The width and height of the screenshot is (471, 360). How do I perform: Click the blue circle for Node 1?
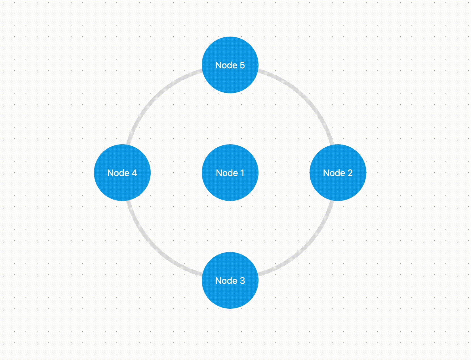point(230,173)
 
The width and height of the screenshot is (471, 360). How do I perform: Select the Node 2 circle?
point(338,173)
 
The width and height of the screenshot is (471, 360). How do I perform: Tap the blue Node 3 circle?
point(230,280)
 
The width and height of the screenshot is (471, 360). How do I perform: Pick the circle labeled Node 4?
point(122,173)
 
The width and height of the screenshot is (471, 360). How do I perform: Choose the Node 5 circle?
point(230,65)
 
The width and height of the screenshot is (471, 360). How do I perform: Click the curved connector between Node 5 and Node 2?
point(306,97)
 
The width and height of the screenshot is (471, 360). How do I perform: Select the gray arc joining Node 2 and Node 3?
point(306,249)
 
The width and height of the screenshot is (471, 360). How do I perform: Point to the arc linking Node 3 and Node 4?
point(154,249)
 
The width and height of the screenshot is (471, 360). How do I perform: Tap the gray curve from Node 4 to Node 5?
point(154,97)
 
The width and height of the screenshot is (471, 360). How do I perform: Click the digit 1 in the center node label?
point(243,173)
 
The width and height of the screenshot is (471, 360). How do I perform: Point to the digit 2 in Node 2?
point(350,173)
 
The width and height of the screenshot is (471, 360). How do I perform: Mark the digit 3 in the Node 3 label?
point(242,281)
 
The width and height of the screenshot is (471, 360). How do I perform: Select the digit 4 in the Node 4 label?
point(134,173)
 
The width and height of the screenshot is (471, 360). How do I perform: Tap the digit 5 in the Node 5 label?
point(242,65)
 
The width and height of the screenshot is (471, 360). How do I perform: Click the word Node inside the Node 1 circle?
point(227,173)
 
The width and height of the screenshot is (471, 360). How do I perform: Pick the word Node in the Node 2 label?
point(334,173)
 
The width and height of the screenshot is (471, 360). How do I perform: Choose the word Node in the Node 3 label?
point(226,281)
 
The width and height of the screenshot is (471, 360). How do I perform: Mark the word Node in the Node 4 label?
point(118,173)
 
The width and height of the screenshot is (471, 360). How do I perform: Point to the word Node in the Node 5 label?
point(226,65)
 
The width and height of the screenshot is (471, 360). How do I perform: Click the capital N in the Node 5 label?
point(218,65)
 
